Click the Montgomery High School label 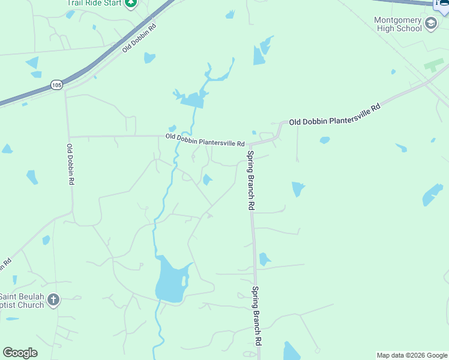pos(398,24)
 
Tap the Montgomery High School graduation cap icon pos(430,24)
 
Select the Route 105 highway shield pos(56,85)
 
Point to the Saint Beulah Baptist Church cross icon pos(53,299)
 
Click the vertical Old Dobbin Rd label pos(70,164)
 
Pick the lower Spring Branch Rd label pos(256,315)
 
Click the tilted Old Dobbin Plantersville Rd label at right pos(335,115)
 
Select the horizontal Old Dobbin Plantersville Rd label pos(205,140)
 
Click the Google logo pos(20,353)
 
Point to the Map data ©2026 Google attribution pos(412,355)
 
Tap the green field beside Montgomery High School pos(433,65)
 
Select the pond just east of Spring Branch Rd pos(264,259)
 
